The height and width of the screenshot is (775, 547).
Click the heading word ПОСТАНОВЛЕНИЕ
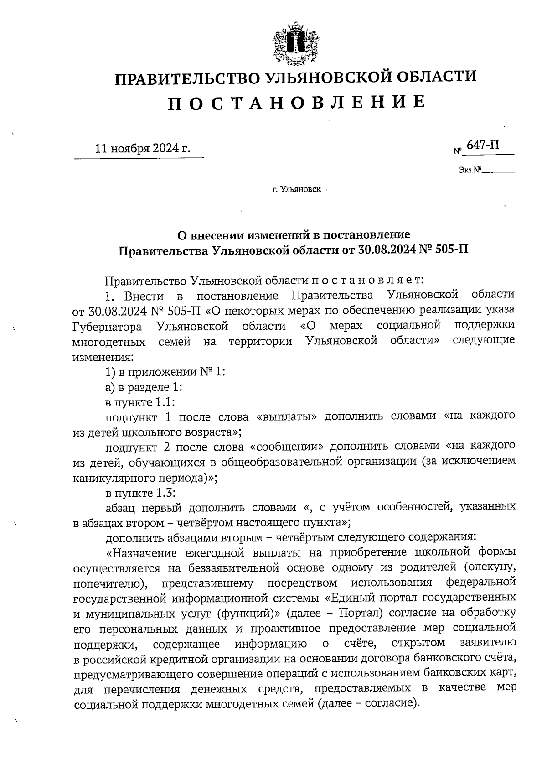click(x=297, y=103)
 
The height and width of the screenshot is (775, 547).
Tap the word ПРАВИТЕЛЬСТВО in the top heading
click(x=186, y=78)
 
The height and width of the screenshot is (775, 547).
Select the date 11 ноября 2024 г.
click(x=142, y=149)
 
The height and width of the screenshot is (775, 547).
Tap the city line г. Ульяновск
click(x=296, y=188)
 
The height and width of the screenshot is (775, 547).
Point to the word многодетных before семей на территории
click(x=109, y=341)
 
